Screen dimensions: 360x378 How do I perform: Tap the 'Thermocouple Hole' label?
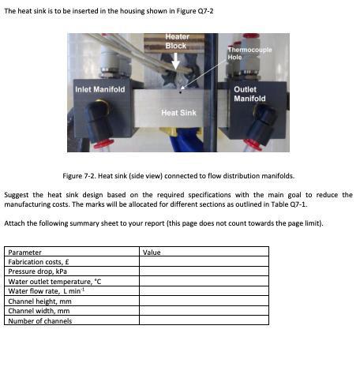coord(249,54)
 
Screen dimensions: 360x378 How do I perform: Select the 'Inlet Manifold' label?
coord(99,89)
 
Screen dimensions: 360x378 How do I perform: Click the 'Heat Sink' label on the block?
coord(178,113)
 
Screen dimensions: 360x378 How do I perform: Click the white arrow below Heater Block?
coord(175,60)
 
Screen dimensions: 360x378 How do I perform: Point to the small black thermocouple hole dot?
coord(182,92)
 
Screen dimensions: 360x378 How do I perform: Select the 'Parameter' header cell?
coord(24,253)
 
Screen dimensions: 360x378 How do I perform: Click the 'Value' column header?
coord(152,253)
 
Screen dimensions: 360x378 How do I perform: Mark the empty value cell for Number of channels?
coord(203,320)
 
